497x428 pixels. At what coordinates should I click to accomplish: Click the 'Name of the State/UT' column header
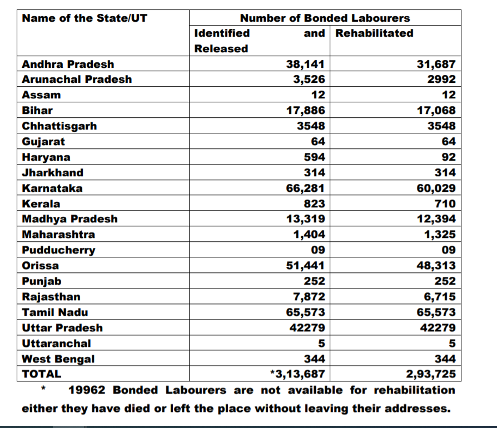point(85,18)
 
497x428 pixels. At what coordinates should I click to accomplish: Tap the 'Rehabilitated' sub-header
point(374,33)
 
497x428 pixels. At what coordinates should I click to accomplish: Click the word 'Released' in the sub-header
point(221,49)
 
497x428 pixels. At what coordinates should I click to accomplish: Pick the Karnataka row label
point(52,188)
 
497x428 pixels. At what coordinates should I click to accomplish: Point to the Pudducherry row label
point(58,250)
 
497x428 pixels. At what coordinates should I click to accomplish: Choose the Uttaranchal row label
point(56,344)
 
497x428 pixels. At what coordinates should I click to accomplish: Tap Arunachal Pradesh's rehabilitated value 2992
point(441,79)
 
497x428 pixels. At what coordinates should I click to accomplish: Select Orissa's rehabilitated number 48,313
point(436,266)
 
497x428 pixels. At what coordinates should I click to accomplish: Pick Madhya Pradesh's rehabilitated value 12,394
point(436,219)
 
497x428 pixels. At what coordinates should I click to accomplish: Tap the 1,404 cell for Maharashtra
point(309,235)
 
